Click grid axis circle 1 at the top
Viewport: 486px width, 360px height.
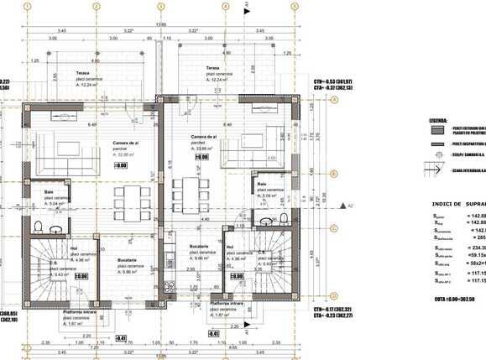tap(28, 6)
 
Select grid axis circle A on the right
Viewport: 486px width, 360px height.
tap(333, 99)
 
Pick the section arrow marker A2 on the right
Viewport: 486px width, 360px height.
tap(346, 204)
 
